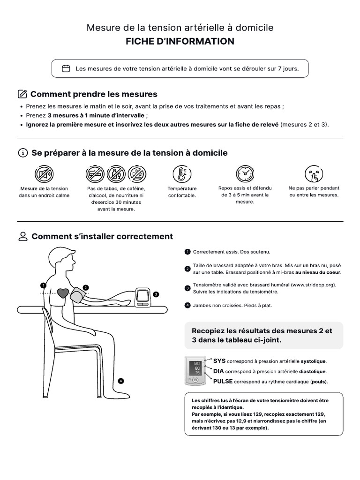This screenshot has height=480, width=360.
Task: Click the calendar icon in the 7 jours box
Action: (x=66, y=68)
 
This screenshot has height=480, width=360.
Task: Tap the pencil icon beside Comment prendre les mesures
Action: (x=22, y=94)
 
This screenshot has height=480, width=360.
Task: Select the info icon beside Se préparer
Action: (x=23, y=153)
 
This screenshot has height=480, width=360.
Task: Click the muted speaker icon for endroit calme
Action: (x=44, y=174)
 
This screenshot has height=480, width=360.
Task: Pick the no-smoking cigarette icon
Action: (x=95, y=174)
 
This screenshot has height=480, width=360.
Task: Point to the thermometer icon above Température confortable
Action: (x=182, y=174)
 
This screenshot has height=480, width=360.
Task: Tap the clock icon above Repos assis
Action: (x=245, y=173)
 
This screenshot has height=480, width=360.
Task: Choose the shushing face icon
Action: (x=314, y=173)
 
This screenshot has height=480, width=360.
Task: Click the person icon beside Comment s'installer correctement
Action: (x=23, y=236)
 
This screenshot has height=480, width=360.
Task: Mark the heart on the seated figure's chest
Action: (x=63, y=293)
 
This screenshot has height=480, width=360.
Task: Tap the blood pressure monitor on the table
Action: (x=143, y=297)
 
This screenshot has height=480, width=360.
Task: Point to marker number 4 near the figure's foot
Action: (x=121, y=381)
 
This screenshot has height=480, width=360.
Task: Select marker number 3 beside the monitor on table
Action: (x=156, y=294)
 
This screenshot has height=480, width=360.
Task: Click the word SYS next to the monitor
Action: (x=219, y=361)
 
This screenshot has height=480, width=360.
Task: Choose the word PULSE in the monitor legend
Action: (x=223, y=382)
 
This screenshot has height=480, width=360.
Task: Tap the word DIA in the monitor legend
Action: (x=218, y=371)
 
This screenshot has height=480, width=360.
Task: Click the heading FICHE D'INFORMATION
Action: (x=180, y=41)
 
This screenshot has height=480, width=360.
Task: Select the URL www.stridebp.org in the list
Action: (x=314, y=285)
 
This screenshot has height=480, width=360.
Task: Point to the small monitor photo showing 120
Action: (x=195, y=370)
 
